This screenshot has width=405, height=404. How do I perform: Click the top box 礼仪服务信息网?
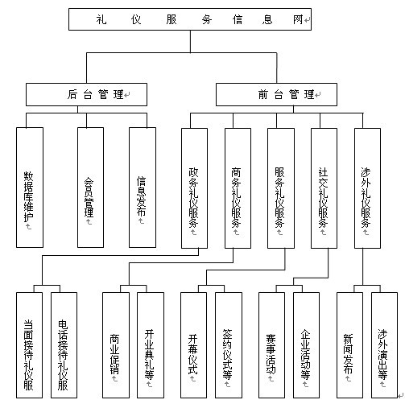point(188,19)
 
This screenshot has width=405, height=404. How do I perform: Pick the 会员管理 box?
point(89,187)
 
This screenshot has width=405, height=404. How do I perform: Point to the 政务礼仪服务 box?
point(194,187)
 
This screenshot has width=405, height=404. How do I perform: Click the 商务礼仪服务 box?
point(237,187)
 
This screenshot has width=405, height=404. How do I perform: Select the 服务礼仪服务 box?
point(280,187)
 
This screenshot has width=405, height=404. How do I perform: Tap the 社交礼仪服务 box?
point(324,187)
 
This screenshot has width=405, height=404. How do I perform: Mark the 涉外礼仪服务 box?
point(366,187)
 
